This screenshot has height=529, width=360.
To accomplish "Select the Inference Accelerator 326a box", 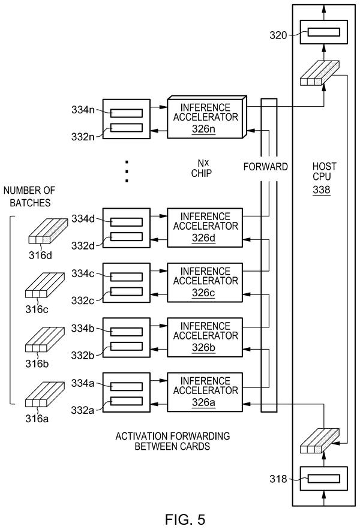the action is [205, 392].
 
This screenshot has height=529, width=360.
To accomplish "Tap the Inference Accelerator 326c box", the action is [205, 282].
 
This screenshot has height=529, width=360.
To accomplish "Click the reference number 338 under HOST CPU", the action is [321, 190].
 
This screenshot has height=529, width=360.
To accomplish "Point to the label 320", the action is [278, 35].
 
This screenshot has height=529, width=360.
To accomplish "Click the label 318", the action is [278, 479].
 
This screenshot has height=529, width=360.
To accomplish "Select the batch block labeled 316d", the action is [47, 231].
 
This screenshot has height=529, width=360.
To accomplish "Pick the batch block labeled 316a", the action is [44, 395].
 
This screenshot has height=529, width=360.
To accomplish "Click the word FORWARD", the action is [266, 167].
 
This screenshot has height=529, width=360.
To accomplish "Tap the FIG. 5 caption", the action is [185, 519].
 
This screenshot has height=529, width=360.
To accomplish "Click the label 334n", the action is [83, 110].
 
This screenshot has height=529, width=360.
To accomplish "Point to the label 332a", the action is [82, 410].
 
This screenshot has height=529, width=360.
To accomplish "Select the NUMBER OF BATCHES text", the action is [29, 196].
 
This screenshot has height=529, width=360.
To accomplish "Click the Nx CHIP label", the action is [202, 169].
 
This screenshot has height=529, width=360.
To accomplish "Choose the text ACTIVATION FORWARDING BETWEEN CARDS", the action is [172, 441].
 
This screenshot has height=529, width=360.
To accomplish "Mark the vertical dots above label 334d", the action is [127, 172].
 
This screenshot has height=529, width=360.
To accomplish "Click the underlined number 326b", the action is [203, 348].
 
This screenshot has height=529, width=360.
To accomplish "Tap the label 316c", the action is [37, 309].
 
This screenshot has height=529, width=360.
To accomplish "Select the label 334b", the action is [83, 328].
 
